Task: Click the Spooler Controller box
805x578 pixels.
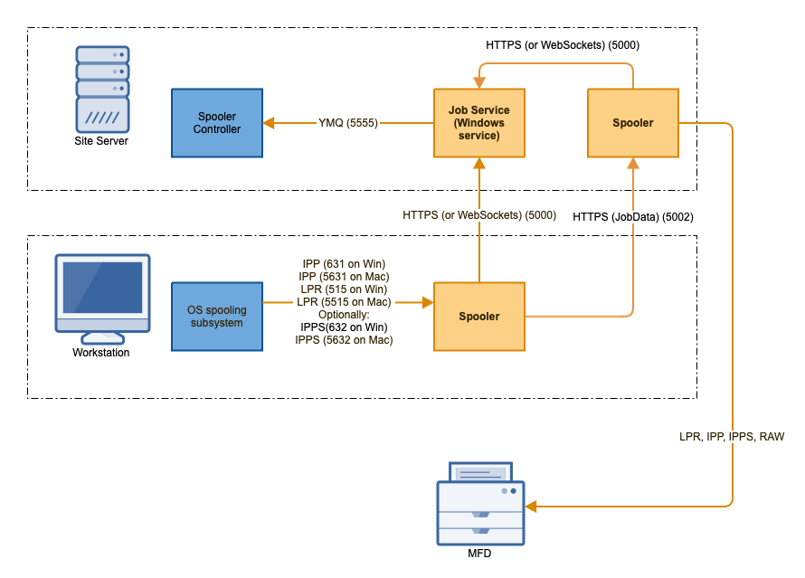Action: [x=217, y=123]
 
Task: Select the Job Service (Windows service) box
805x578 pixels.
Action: [x=479, y=123]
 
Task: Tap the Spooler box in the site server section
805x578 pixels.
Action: [x=632, y=123]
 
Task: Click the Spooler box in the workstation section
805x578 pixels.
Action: [x=479, y=317]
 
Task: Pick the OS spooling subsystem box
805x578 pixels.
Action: [x=217, y=317]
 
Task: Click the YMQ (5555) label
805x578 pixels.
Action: [x=348, y=123]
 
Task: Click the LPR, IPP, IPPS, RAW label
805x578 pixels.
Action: [x=732, y=436]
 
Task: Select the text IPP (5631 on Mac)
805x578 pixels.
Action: [x=344, y=277]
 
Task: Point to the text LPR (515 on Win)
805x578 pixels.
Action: [x=344, y=289]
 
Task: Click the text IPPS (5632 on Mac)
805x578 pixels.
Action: [x=344, y=340]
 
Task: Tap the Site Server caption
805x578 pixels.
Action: [x=101, y=142]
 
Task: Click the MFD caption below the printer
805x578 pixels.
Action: [x=479, y=554]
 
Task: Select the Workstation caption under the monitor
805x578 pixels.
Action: [x=101, y=353]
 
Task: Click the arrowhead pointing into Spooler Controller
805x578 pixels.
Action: [x=269, y=123]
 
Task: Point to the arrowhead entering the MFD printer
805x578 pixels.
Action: [x=531, y=506]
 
